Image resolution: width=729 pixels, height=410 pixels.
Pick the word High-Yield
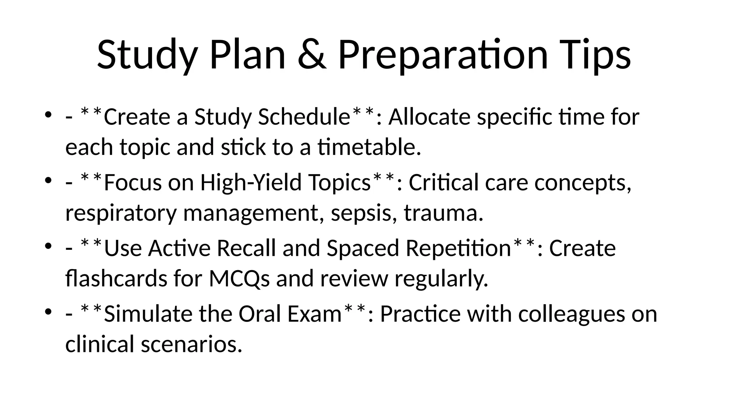click(251, 183)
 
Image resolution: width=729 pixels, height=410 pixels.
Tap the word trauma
click(444, 213)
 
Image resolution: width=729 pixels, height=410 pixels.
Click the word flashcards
click(116, 278)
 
